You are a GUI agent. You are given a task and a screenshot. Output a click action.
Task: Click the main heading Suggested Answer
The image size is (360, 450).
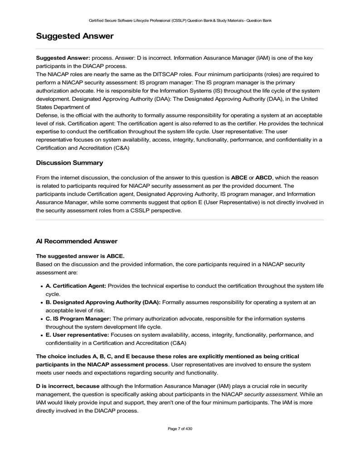click(x=74, y=36)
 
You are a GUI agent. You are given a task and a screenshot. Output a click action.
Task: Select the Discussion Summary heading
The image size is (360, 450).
click(x=69, y=163)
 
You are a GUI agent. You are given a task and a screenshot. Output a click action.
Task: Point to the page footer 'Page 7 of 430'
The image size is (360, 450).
click(x=180, y=429)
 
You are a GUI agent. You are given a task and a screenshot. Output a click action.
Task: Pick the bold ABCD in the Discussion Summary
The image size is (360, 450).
click(x=265, y=178)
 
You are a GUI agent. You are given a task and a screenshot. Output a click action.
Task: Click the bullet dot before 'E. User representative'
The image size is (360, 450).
click(x=42, y=335)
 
